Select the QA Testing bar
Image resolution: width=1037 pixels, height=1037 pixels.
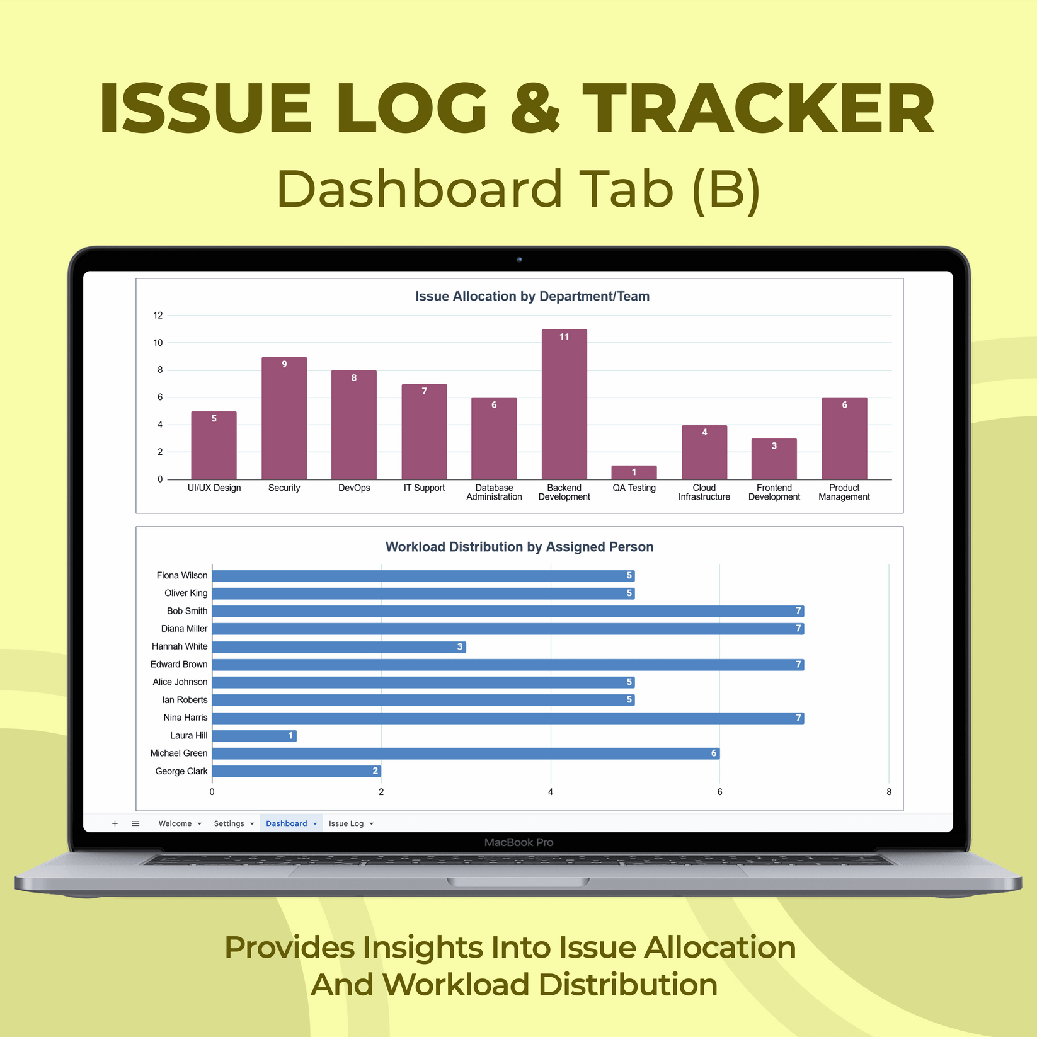634,473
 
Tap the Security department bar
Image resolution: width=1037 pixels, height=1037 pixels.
284,418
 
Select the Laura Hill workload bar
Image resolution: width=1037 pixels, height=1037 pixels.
255,736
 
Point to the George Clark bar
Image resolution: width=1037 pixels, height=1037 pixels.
296,771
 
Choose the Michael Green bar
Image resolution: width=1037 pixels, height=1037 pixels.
466,753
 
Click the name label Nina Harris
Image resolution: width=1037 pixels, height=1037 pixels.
185,718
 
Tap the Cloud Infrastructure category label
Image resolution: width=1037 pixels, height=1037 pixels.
704,492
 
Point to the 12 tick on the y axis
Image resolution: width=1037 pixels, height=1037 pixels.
158,316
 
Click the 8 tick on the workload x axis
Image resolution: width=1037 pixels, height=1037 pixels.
889,792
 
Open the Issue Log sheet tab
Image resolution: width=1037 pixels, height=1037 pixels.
347,823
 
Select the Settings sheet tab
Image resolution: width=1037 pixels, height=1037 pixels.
229,823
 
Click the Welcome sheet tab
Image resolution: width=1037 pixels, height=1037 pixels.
175,823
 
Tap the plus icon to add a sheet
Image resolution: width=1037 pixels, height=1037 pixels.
115,823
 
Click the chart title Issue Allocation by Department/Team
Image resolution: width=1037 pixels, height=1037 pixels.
532,296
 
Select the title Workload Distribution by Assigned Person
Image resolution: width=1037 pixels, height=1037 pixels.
519,547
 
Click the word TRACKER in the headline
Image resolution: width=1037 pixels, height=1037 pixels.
758,108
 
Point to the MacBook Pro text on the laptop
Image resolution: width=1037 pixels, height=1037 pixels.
518,842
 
